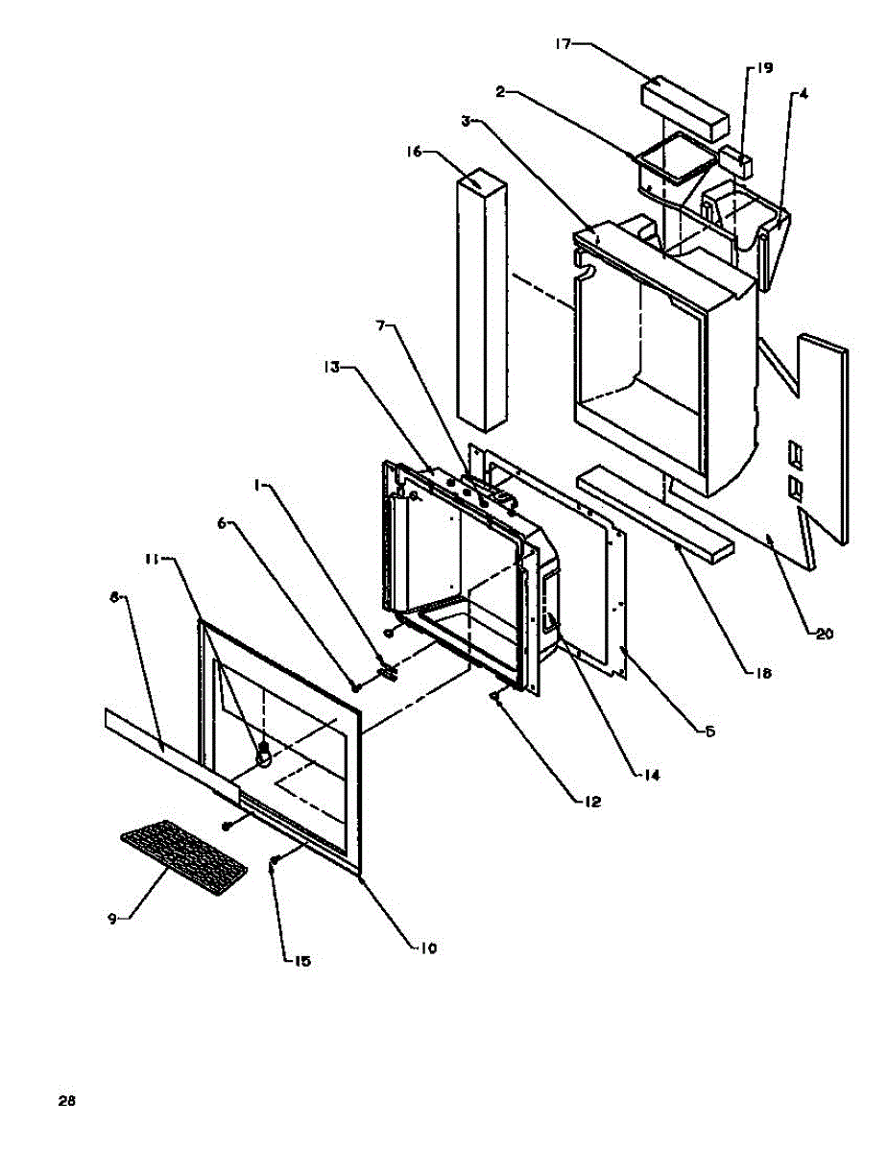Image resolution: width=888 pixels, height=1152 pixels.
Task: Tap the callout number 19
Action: (x=764, y=68)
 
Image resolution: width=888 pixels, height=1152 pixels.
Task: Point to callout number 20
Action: (x=826, y=634)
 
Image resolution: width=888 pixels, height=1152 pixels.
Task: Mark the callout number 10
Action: (x=427, y=948)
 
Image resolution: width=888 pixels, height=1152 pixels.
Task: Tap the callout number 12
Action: (x=590, y=800)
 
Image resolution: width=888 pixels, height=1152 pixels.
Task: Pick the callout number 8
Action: (x=114, y=597)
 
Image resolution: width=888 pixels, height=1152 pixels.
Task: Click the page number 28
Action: (x=66, y=1101)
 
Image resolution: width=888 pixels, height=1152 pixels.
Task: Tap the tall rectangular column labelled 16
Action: (x=482, y=298)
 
